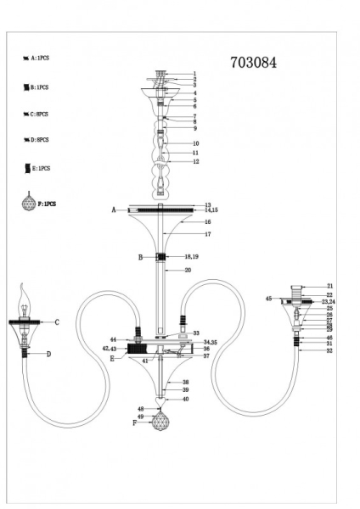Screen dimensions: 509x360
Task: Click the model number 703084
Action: coord(254,61)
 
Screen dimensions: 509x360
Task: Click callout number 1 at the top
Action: coord(194,74)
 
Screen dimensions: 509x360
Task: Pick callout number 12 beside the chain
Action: coord(195,161)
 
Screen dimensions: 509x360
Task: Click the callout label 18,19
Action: coord(191,255)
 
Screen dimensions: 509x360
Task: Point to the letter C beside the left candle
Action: coord(56,322)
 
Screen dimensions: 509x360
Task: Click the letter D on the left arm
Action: coord(48,354)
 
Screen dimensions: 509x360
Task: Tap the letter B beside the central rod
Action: coord(141,256)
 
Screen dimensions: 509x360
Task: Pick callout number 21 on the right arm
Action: coord(330,287)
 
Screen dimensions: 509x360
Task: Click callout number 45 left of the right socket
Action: coord(269,299)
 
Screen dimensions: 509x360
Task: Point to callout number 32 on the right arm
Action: coord(329,350)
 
